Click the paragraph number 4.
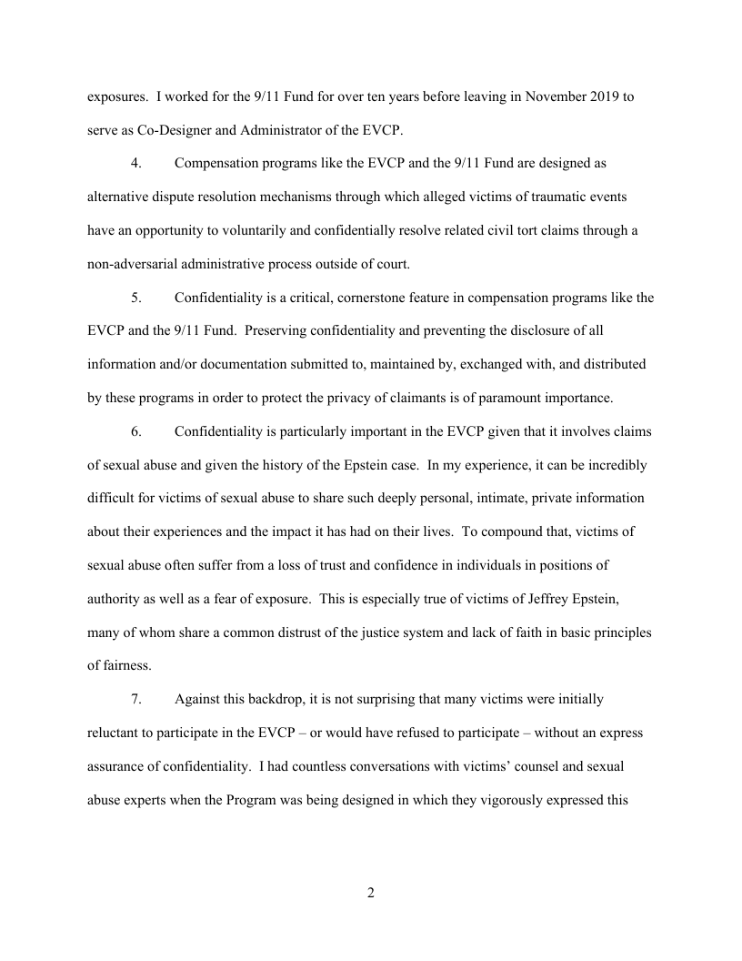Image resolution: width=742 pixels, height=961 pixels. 136,164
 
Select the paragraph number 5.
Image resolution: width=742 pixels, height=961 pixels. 136,298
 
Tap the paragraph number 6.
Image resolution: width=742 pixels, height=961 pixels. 136,431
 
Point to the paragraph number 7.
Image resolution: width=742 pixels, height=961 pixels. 136,699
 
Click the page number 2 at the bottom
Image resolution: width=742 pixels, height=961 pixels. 371,893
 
